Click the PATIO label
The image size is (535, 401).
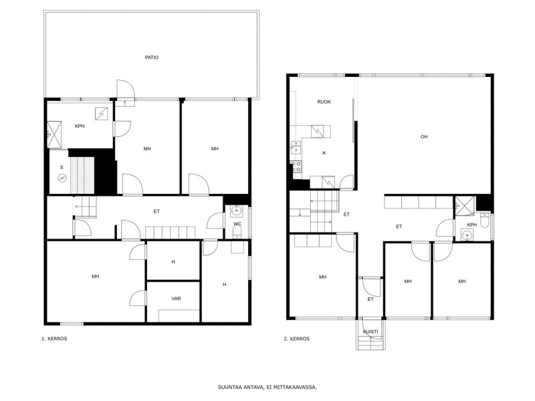click(x=152, y=57)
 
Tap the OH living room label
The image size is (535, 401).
click(x=424, y=137)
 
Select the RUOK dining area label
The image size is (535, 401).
click(x=324, y=102)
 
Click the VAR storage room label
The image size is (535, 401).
click(x=176, y=299)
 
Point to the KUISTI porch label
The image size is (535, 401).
click(x=370, y=331)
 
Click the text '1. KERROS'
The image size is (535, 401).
click(x=54, y=339)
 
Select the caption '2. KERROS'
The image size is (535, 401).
click(x=297, y=339)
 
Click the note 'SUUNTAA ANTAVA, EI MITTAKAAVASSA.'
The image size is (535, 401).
click(x=267, y=388)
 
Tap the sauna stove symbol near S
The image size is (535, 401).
click(x=62, y=178)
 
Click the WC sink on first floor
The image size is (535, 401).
click(x=237, y=211)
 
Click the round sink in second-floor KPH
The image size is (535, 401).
click(x=467, y=235)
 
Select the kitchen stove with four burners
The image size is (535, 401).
click(x=296, y=166)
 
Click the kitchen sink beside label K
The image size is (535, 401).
click(x=296, y=147)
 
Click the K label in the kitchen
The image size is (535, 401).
click(x=324, y=153)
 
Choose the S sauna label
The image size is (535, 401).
click(x=62, y=168)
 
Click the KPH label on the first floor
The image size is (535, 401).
click(x=80, y=126)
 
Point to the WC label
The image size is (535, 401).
click(x=237, y=224)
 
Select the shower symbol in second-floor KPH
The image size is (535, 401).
click(x=465, y=206)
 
